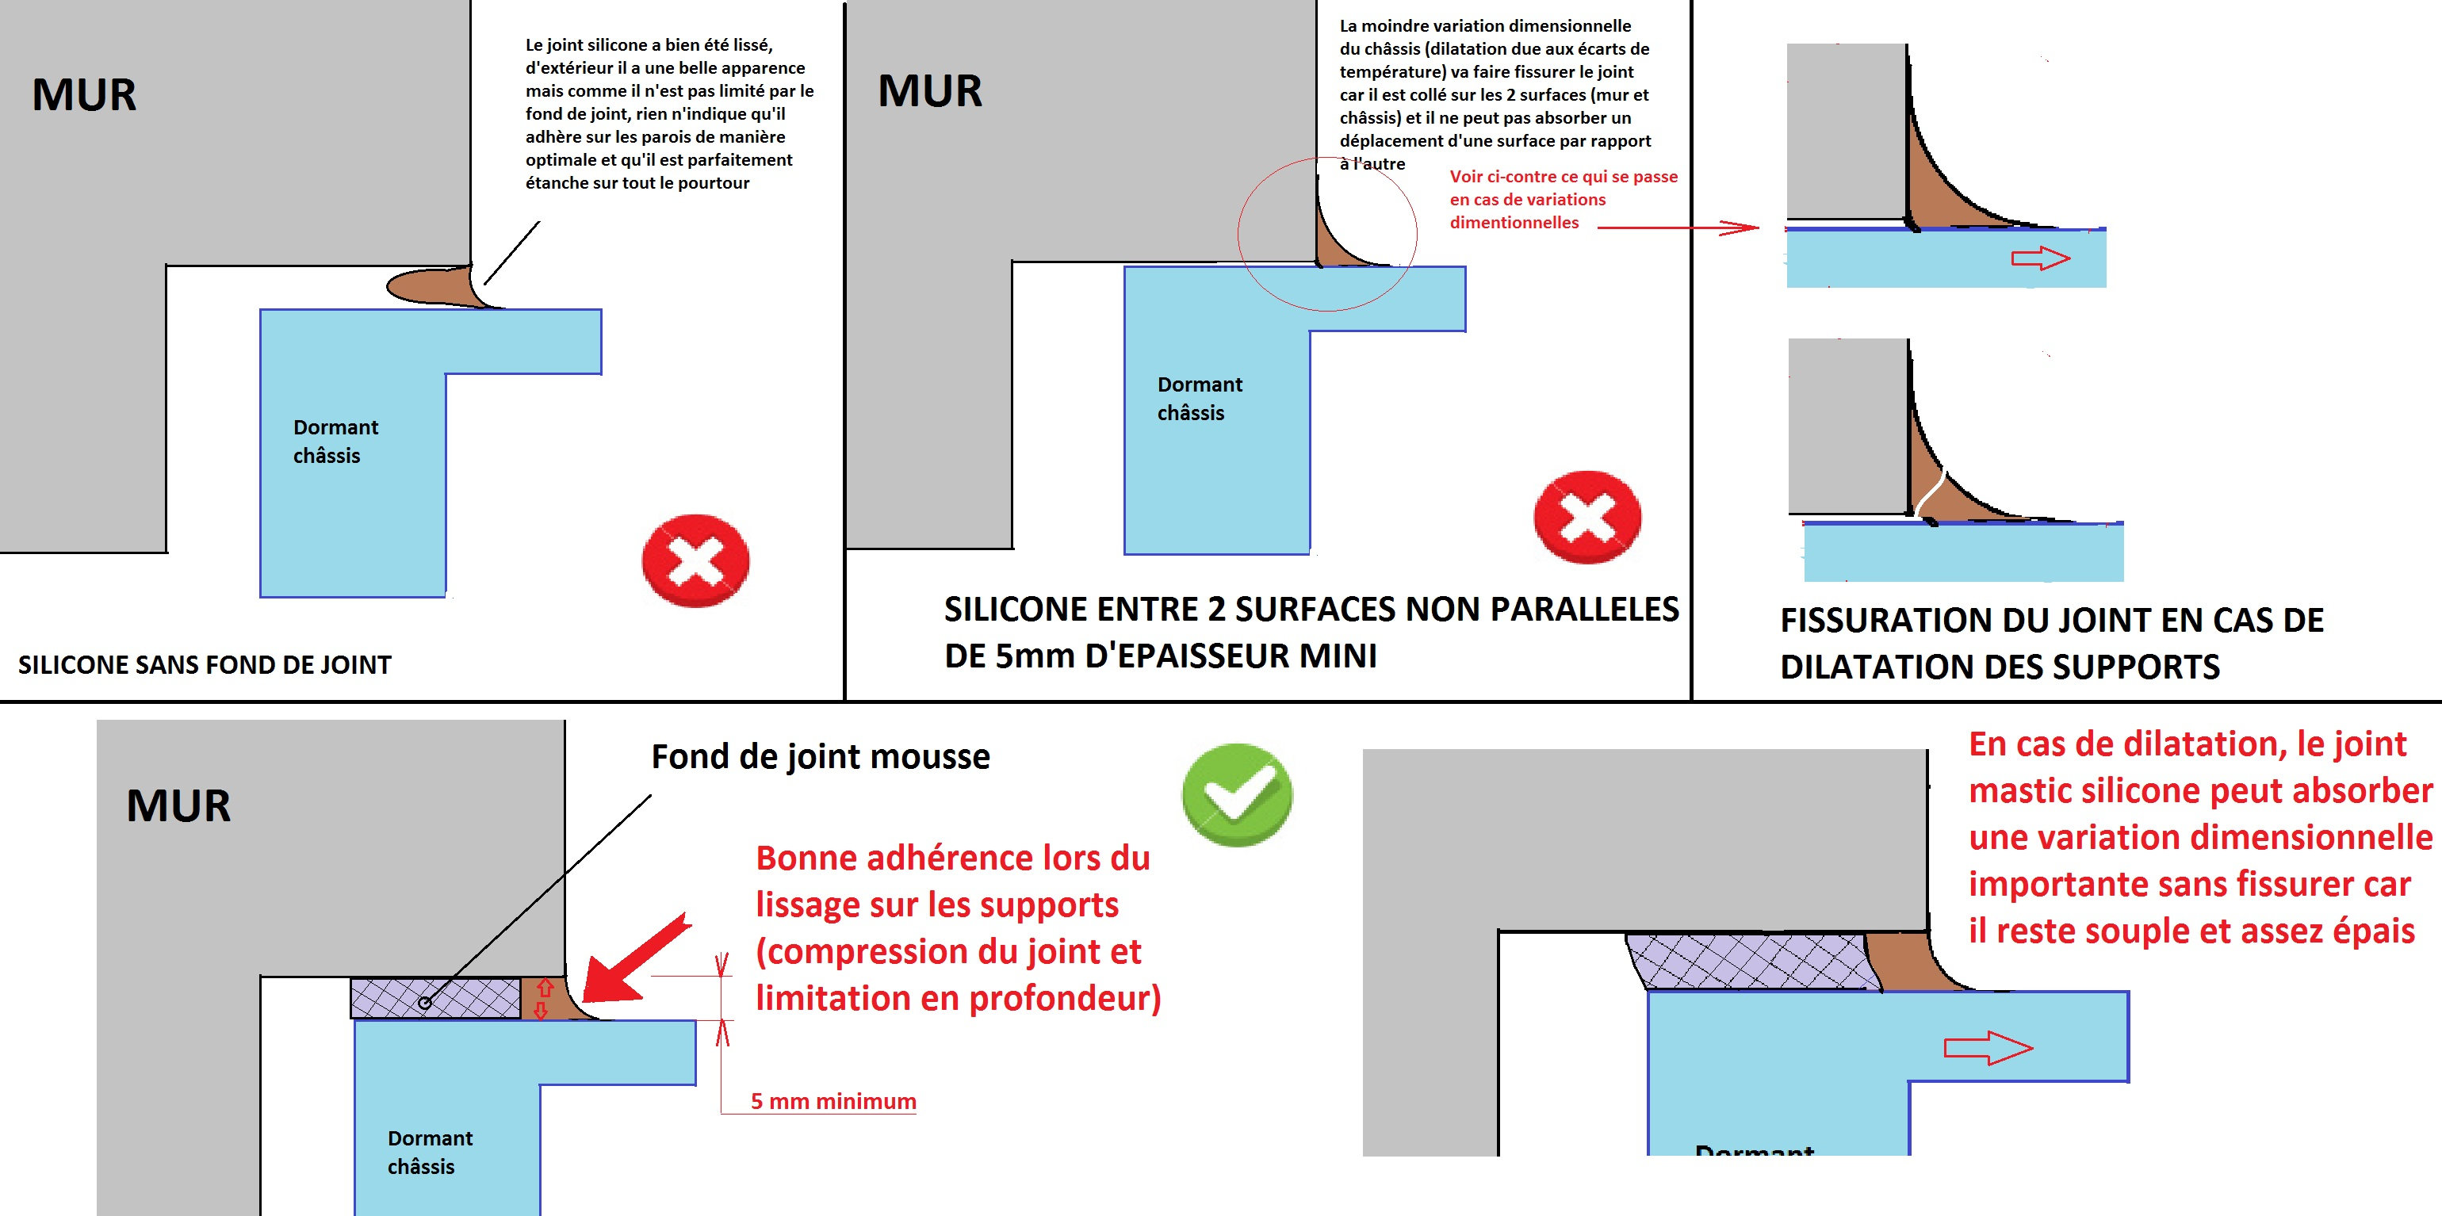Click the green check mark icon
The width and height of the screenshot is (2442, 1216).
click(x=1236, y=794)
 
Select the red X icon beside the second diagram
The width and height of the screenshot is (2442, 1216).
click(x=1587, y=517)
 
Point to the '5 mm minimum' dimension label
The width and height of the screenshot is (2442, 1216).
click(x=833, y=1101)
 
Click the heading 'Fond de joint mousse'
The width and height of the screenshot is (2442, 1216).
click(x=820, y=756)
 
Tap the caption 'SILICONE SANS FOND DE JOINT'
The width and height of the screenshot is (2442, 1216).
click(x=205, y=664)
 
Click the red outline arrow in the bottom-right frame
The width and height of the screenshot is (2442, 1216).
click(x=1988, y=1047)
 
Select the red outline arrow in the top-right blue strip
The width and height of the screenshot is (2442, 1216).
click(x=2040, y=258)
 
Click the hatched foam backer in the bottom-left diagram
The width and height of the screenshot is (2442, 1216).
click(x=436, y=999)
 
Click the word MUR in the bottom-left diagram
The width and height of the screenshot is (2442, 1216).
click(x=178, y=805)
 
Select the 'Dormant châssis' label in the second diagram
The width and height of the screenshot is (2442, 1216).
click(x=1199, y=398)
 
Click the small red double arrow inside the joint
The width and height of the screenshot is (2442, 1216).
click(x=543, y=999)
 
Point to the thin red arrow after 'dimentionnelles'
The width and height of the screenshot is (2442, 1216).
click(x=1678, y=228)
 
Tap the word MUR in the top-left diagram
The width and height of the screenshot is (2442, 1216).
click(x=84, y=95)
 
